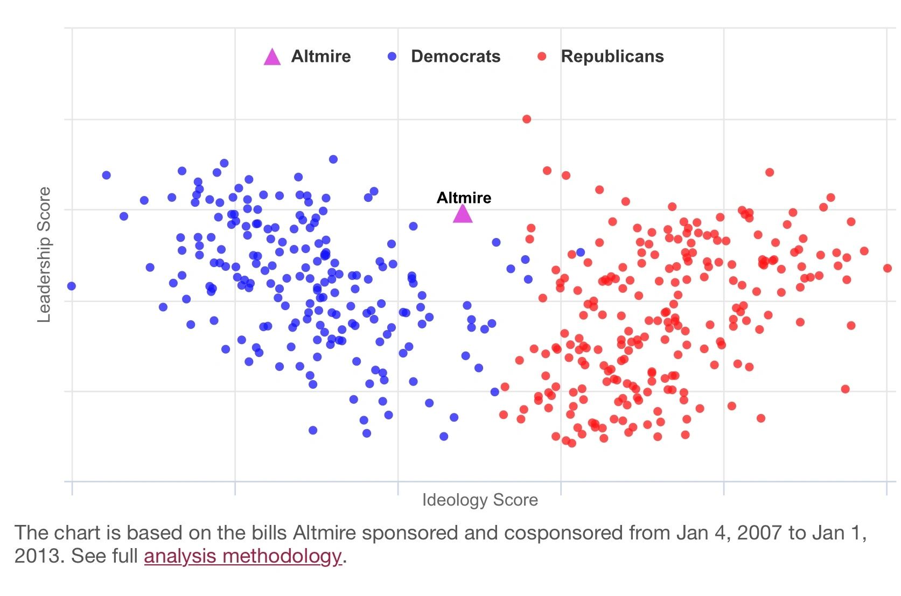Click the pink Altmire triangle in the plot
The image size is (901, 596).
click(x=463, y=214)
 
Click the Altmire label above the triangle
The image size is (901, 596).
click(x=464, y=198)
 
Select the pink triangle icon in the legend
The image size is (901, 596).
click(x=272, y=57)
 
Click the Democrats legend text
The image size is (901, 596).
click(x=455, y=57)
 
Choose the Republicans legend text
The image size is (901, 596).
click(x=612, y=57)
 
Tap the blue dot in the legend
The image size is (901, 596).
click(x=392, y=57)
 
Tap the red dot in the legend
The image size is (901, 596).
click(x=542, y=57)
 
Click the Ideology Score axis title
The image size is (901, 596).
click(x=480, y=500)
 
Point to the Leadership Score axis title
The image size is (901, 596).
click(x=44, y=255)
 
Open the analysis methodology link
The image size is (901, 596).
click(x=242, y=556)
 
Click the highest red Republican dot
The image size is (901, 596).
click(x=527, y=119)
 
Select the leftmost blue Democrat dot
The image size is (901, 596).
click(x=71, y=286)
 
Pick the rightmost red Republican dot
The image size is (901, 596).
click(x=888, y=268)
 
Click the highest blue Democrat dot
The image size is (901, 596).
click(x=333, y=159)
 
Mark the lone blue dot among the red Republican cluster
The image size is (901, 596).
click(x=581, y=252)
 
